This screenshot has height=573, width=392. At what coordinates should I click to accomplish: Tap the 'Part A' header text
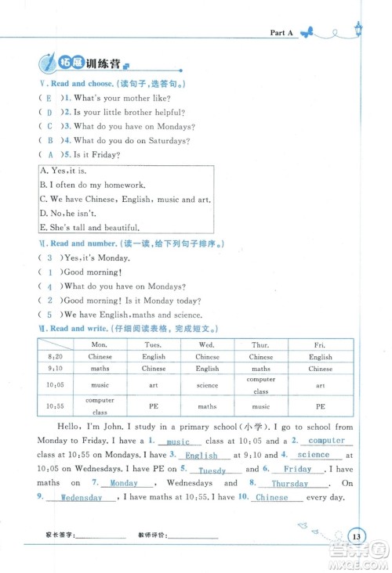281,33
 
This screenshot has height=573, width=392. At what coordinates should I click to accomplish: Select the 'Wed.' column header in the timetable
207,344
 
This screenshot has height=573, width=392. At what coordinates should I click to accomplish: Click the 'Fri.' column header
320,344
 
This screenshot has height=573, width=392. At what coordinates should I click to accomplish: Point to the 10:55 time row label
55,405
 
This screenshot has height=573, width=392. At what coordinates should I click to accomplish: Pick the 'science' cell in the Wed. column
207,385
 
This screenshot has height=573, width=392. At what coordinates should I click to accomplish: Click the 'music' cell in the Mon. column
100,385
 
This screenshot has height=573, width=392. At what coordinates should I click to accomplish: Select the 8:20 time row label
55,357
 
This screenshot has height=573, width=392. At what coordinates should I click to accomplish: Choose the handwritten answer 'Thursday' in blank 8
290,484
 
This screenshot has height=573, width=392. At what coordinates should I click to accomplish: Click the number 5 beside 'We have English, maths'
49,314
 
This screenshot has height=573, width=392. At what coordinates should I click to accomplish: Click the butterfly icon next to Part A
311,32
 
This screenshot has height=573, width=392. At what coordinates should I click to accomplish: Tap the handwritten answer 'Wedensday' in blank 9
82,498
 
